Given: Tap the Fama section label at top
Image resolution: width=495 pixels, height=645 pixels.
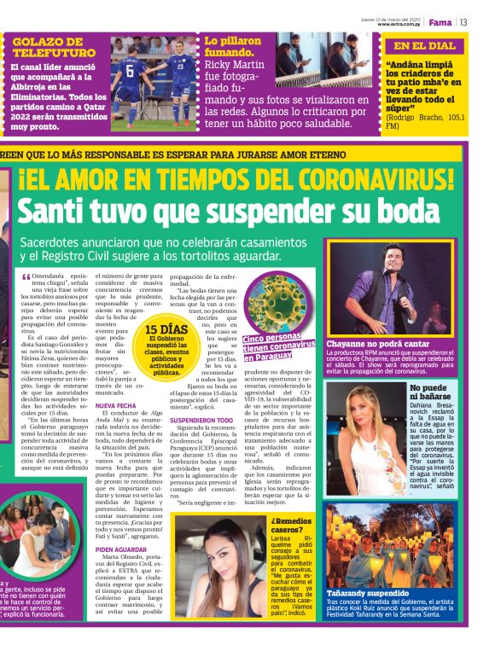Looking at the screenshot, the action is pos(440,22).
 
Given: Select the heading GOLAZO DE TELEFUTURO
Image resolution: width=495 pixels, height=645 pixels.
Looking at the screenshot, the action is pos(54,47).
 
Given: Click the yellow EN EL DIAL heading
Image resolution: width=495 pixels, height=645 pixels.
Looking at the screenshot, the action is pos(425,46).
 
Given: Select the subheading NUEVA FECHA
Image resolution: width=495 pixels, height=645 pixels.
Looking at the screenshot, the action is pos(116,405).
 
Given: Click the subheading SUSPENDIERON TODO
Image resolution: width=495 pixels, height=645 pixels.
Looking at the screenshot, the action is pos(201,421).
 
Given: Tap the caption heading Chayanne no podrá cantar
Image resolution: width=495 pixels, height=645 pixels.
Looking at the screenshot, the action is pos(377,344).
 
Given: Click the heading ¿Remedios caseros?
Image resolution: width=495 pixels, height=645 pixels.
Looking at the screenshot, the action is pos(293,524).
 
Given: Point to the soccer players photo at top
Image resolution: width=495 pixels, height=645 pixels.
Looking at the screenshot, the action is pos(153,82).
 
